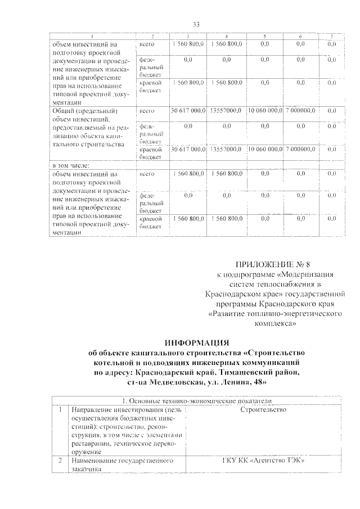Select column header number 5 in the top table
coord(265,37)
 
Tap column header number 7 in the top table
coord(332,37)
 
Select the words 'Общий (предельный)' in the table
coord(82,111)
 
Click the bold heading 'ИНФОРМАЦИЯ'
coord(196,343)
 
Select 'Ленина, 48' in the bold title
coord(244,382)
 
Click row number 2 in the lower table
coord(60,461)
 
